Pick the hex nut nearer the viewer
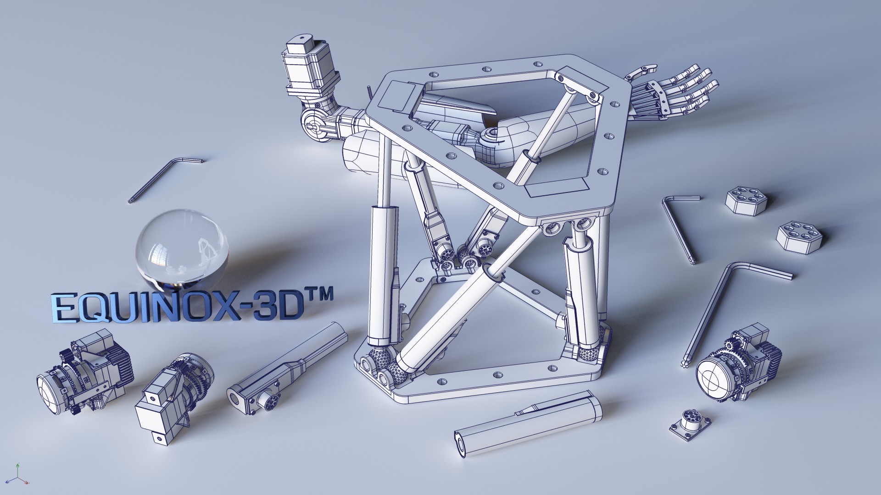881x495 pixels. coord(799,236)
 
